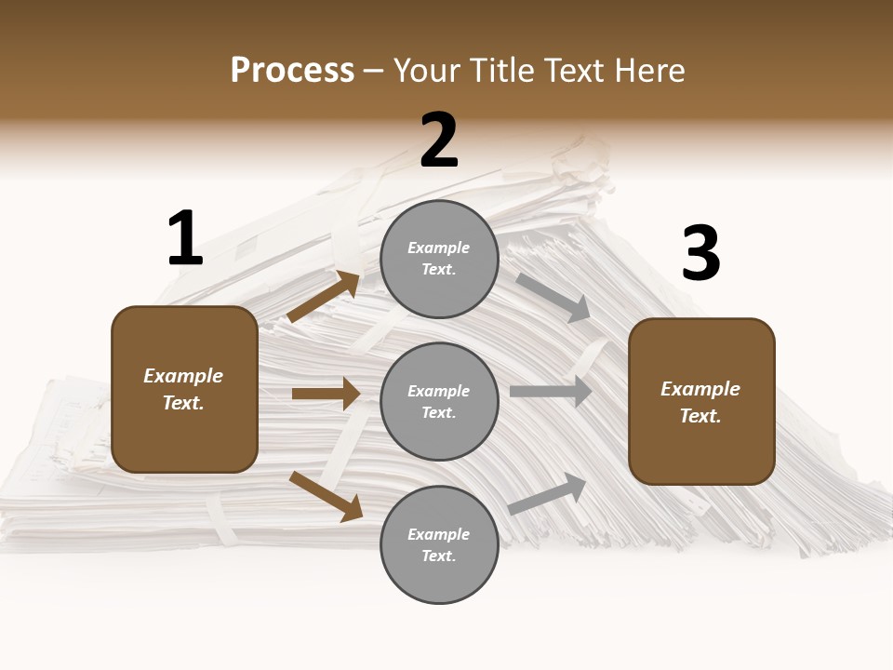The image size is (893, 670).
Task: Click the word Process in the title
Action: (292, 71)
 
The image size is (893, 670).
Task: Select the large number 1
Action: (185, 239)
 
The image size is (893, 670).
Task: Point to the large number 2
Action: (439, 141)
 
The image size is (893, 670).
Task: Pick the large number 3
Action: (700, 254)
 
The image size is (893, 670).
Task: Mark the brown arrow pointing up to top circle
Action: (324, 298)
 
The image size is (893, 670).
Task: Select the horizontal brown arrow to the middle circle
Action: (326, 394)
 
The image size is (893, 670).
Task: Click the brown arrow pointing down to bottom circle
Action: (326, 495)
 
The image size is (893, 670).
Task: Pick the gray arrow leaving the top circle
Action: (553, 297)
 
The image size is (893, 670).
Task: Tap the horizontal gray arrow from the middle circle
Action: (551, 392)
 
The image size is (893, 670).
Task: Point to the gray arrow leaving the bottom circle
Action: (547, 493)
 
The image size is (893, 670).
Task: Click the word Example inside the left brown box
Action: (183, 376)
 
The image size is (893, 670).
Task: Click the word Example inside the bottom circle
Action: (439, 534)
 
